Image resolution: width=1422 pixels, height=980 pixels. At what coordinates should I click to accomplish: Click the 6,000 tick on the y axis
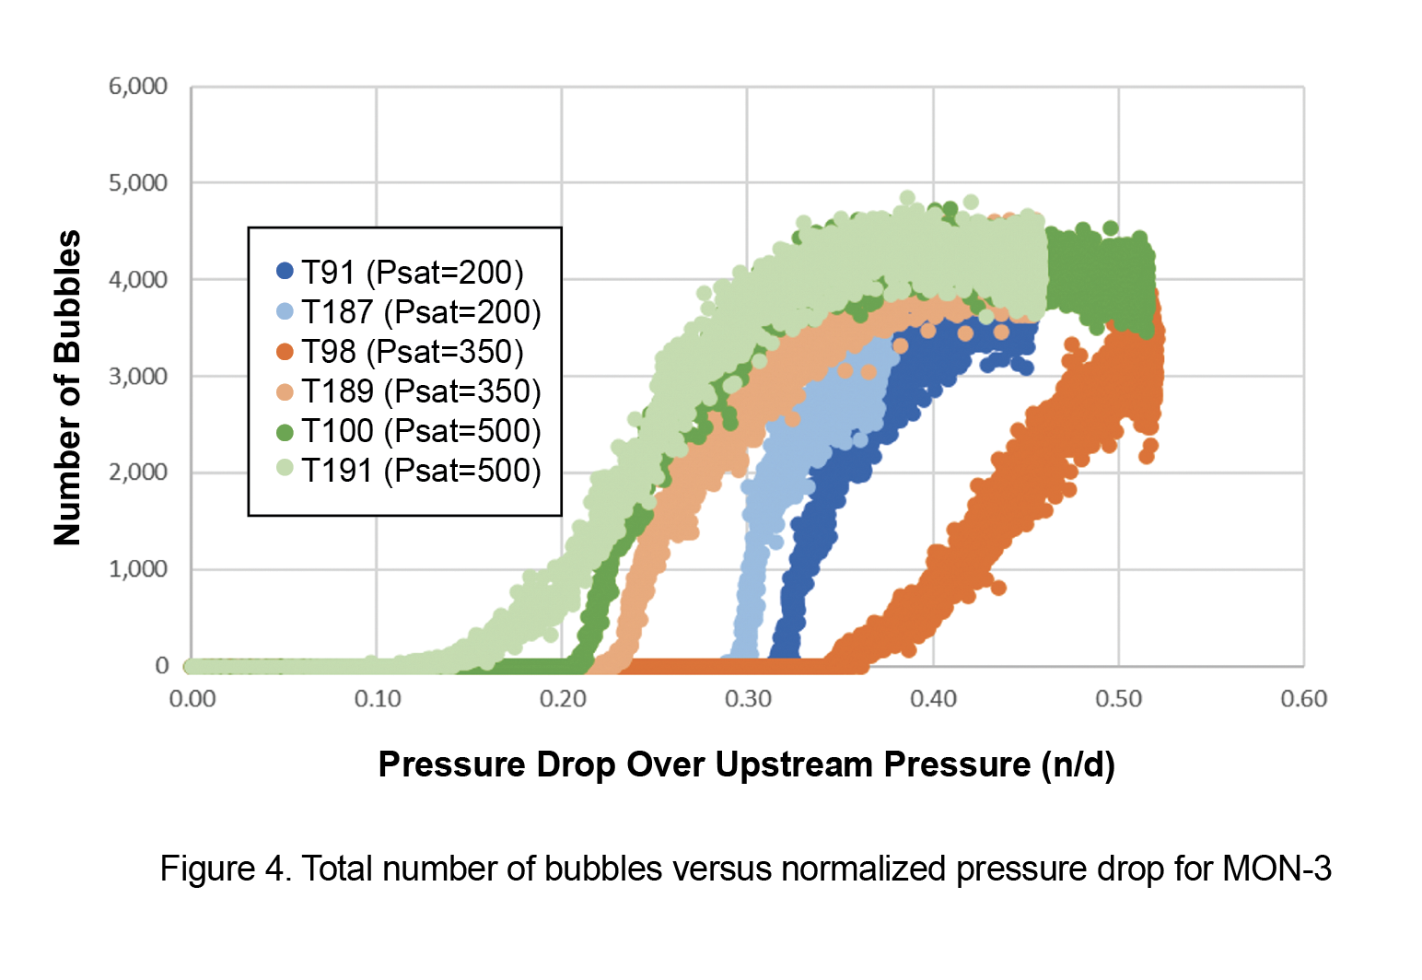pos(138,87)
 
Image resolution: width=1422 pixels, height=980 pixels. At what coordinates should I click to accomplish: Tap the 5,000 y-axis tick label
pos(138,183)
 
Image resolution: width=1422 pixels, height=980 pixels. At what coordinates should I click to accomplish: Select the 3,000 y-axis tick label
pos(138,376)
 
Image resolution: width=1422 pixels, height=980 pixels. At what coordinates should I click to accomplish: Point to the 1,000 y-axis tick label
pos(138,569)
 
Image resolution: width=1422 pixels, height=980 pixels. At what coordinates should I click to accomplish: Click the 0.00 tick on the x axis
pos(192,699)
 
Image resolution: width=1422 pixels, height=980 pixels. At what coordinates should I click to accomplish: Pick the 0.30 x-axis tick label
pos(748,699)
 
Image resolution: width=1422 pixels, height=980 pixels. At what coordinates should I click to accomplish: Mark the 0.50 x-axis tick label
pos(1118,699)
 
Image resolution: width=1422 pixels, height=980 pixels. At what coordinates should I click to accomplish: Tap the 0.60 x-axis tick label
pos(1303,699)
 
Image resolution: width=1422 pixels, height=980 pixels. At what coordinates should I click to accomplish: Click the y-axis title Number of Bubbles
pos(68,388)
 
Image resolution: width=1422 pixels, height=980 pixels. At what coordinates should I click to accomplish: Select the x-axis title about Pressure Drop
pos(747,764)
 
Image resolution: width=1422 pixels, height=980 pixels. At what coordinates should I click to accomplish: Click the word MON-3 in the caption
pos(1276,869)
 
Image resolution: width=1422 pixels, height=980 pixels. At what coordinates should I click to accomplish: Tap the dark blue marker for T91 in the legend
pos(285,272)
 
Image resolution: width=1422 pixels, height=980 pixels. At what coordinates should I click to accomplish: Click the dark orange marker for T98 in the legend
pos(285,352)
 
